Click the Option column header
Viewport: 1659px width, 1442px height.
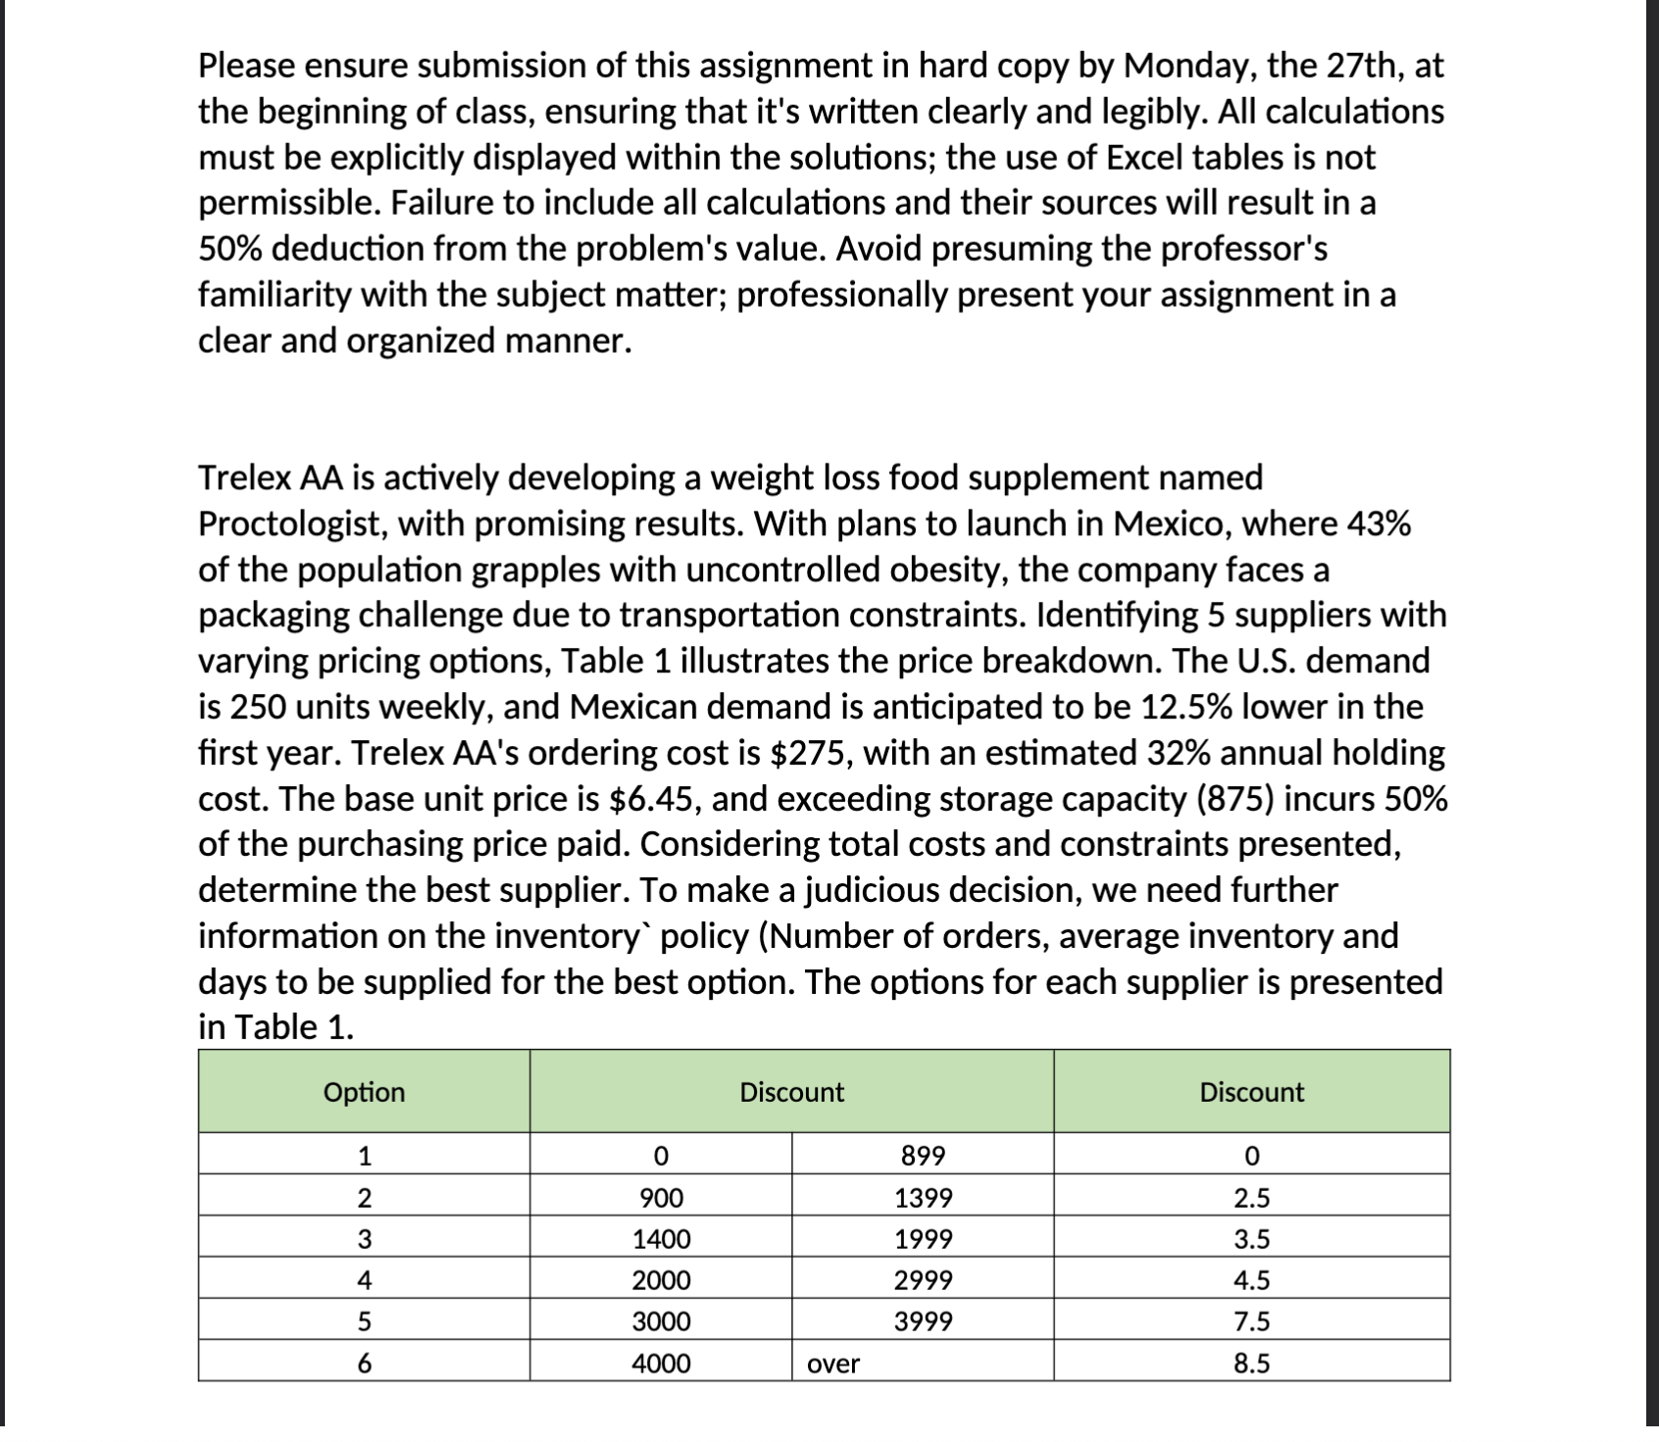(364, 1092)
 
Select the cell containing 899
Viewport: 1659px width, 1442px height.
(923, 1156)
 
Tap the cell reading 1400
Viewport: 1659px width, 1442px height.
(661, 1239)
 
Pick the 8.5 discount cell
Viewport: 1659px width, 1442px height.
(1251, 1364)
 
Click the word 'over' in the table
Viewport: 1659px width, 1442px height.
(833, 1364)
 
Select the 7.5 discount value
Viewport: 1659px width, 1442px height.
(1251, 1321)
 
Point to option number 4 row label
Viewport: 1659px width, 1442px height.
(364, 1280)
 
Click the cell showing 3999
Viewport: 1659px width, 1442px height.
(923, 1321)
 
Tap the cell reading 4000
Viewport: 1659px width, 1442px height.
(661, 1364)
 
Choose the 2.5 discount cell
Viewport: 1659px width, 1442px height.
(1251, 1198)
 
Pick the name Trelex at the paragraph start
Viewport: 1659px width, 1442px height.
(244, 478)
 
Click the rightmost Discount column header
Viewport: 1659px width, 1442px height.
(1251, 1092)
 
